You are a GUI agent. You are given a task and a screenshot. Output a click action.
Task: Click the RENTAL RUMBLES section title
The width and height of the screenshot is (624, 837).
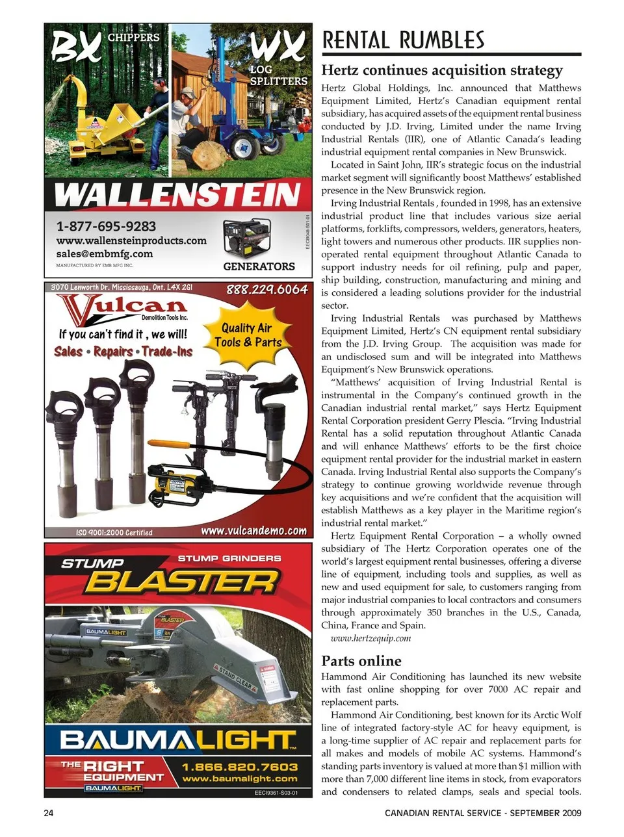pos(403,40)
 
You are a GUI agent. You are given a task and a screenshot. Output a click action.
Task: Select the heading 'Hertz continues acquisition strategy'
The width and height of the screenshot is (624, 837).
pos(442,70)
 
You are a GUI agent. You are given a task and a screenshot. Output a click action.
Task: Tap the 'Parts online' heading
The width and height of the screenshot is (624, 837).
pos(361,661)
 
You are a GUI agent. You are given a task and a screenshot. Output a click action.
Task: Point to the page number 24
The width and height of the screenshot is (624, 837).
pos(49,813)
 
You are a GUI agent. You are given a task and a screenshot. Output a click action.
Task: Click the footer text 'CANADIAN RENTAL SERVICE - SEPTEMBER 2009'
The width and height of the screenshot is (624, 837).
pos(483,813)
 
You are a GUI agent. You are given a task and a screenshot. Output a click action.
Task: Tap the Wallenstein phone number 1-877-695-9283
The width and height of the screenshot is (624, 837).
pos(106,226)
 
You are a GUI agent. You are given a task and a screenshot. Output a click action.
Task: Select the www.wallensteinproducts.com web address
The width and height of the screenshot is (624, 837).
pos(131,240)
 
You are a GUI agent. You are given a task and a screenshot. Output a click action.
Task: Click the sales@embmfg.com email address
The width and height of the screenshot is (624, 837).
pos(105,253)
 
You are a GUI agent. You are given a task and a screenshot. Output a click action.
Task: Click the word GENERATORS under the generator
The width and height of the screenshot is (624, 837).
pos(259,266)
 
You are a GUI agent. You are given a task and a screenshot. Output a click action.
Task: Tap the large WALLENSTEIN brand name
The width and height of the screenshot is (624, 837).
pos(177,194)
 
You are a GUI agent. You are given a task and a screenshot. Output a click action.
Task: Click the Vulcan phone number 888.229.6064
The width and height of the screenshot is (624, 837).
pos(266,289)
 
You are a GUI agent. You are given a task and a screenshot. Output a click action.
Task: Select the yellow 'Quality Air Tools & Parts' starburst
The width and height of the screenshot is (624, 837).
pos(248,335)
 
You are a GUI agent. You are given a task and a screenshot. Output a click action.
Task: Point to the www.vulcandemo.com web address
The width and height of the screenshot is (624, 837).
pos(253,530)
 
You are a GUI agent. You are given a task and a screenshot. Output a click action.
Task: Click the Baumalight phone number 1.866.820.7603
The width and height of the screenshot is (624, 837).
pos(240,767)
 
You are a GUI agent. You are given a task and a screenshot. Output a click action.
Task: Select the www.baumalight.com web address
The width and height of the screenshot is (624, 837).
pos(240,779)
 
